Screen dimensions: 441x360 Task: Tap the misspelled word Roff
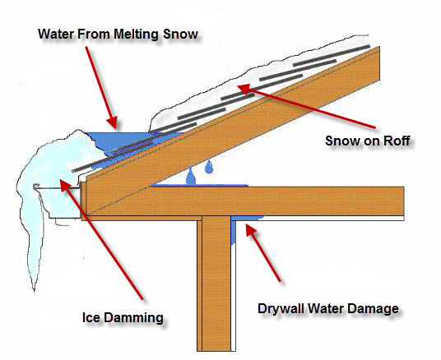pyautogui.click(x=397, y=141)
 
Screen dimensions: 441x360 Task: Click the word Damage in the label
pyautogui.click(x=373, y=309)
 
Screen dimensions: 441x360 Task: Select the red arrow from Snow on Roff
pyautogui.click(x=307, y=106)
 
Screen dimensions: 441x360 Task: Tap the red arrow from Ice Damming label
pyautogui.click(x=101, y=239)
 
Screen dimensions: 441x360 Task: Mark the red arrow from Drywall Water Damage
pyautogui.click(x=263, y=252)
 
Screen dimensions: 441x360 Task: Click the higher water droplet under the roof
pyautogui.click(x=209, y=167)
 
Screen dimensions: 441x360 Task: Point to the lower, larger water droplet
pyautogui.click(x=191, y=176)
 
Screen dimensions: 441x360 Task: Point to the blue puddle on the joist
pyautogui.click(x=200, y=186)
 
